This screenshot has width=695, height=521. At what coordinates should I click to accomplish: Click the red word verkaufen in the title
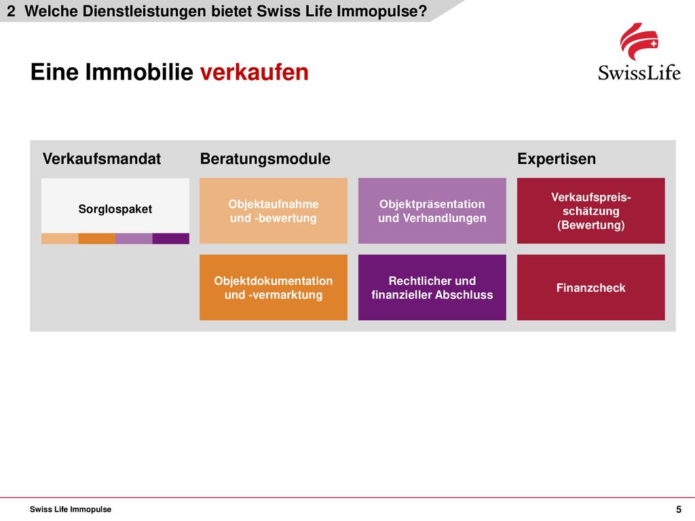coord(254,72)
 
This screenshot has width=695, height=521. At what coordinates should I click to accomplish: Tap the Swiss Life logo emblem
coord(639,41)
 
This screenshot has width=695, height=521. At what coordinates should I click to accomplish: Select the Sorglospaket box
coord(115,211)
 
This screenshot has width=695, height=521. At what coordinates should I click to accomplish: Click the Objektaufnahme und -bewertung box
coord(274,211)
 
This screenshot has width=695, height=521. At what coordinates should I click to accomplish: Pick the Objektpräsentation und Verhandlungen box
coord(432,211)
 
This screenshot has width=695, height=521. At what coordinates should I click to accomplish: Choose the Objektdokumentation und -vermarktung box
coord(274,288)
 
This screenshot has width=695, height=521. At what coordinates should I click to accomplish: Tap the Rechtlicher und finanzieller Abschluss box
coord(432,288)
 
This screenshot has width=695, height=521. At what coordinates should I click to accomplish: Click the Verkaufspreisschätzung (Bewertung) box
coord(591,211)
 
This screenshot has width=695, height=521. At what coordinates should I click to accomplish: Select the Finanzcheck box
coord(591,288)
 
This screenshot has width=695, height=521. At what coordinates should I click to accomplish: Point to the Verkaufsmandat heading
coord(102,159)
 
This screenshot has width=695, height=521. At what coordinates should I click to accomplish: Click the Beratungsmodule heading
coord(265,159)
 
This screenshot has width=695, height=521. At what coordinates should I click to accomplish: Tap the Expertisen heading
coord(557,159)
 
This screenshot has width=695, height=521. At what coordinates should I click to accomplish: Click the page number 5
coord(679,509)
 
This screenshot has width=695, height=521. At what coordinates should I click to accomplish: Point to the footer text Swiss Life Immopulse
coord(71,509)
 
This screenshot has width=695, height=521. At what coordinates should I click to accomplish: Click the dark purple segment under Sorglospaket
coord(170,239)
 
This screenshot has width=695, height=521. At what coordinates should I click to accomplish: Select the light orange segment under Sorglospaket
coord(60,239)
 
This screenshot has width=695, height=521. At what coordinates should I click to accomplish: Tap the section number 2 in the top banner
coord(11,11)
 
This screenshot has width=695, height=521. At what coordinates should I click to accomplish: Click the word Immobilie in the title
coord(139,72)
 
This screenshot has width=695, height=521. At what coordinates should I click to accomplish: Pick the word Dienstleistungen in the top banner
coord(145,11)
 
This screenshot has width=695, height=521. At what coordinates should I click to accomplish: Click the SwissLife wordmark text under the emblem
coord(639,72)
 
